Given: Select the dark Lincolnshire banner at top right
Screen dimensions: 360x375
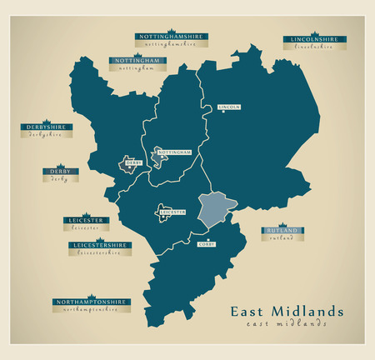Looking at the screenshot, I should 312,39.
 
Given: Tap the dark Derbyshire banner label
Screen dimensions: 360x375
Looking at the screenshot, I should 45,127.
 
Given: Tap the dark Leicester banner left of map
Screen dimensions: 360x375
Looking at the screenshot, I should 86,221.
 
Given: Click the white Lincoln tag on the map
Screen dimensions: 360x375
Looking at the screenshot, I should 228,107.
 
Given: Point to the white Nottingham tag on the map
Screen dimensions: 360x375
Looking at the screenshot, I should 175,153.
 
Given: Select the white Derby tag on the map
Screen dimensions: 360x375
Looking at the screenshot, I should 133,163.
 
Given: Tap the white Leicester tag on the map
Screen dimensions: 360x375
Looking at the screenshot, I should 171,213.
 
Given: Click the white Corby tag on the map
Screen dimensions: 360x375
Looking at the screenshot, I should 206,244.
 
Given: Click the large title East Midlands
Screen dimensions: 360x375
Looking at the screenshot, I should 286,312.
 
